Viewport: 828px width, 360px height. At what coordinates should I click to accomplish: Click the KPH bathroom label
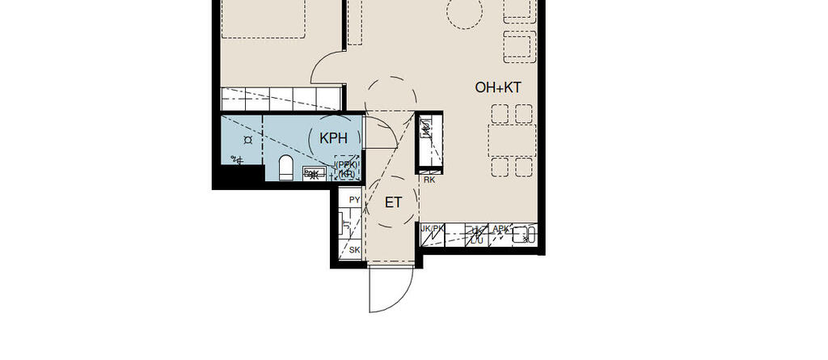click(x=333, y=138)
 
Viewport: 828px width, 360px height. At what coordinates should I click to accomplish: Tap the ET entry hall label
click(x=393, y=202)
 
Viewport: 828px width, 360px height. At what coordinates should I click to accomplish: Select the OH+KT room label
click(x=497, y=88)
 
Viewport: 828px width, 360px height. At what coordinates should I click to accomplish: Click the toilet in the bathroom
click(x=285, y=168)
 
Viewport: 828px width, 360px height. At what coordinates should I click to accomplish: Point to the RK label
click(x=429, y=180)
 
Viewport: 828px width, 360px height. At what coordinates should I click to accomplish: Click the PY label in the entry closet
click(x=353, y=200)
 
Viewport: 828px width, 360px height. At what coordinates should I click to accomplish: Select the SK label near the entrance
click(x=353, y=251)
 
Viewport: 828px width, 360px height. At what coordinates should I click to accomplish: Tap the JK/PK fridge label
click(x=433, y=229)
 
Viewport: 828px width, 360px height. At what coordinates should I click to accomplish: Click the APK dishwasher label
click(x=501, y=230)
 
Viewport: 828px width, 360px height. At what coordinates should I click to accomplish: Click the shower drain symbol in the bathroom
click(x=247, y=140)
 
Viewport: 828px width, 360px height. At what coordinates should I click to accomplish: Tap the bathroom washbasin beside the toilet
click(x=311, y=172)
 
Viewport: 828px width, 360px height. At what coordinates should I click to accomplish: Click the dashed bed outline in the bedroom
click(x=263, y=18)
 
